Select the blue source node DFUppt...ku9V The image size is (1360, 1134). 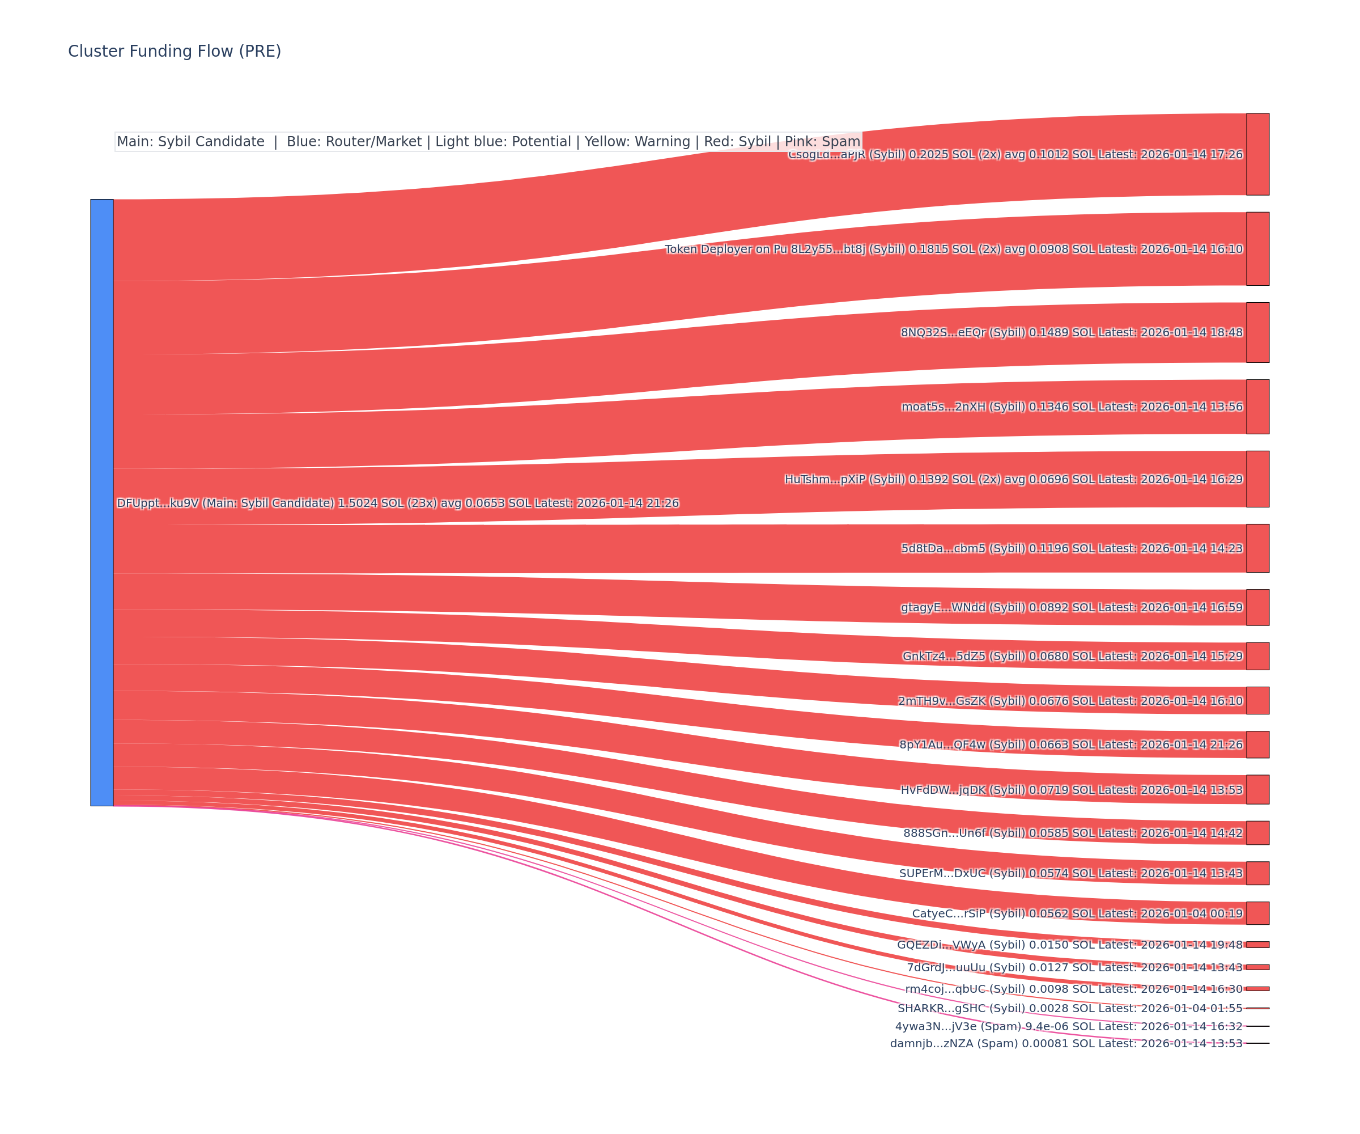[101, 502]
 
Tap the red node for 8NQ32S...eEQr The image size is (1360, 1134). [1257, 332]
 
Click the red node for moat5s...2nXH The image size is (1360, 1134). [1257, 407]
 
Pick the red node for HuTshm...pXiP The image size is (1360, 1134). [1257, 479]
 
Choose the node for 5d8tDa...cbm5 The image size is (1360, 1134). [1257, 548]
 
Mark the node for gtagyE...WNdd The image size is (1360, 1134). [1257, 607]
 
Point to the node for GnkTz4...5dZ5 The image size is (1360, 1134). [1257, 656]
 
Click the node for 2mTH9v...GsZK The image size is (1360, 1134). [1257, 700]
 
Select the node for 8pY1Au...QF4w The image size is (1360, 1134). [1257, 744]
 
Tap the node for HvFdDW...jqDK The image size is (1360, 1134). [1257, 789]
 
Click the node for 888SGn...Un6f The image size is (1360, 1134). [1257, 833]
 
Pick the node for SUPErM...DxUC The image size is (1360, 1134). [1257, 873]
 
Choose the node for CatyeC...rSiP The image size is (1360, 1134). [1257, 913]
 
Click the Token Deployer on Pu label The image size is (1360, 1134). [725, 249]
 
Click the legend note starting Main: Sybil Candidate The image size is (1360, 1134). [488, 142]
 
